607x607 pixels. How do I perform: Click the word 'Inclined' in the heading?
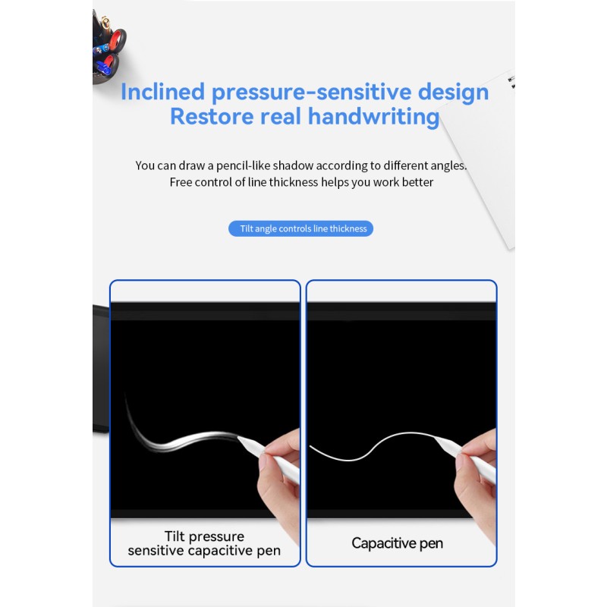point(163,92)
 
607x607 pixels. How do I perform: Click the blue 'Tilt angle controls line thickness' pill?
point(301,228)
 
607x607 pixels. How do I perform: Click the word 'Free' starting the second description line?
point(181,182)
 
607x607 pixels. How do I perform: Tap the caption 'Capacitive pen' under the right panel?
point(397,543)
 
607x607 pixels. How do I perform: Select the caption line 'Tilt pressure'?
point(206,536)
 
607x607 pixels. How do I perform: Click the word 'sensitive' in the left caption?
point(156,551)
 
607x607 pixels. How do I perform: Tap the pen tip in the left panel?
point(241,438)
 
